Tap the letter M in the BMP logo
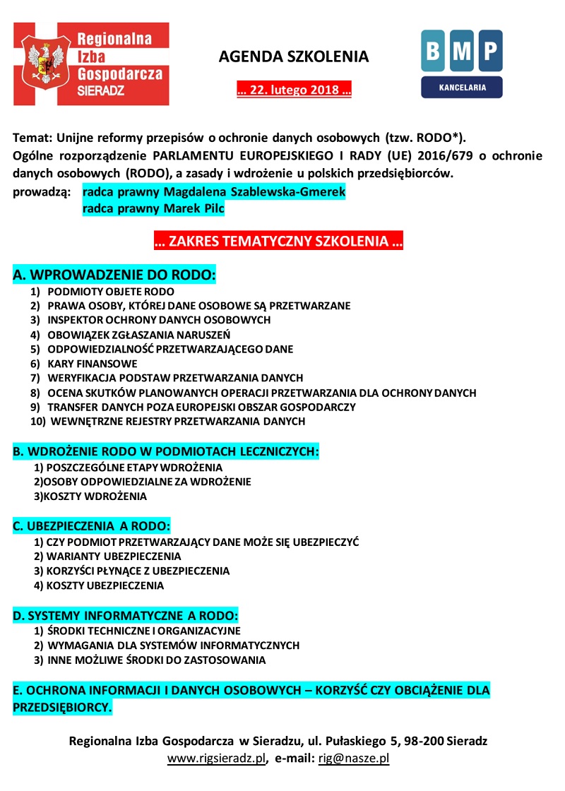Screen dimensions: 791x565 (462, 50)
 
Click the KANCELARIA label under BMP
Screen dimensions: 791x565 (462, 88)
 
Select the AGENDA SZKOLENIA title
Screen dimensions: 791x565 (294, 56)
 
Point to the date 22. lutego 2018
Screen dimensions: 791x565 (294, 90)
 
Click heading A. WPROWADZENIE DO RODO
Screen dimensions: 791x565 (114, 274)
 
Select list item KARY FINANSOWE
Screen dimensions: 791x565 (92, 364)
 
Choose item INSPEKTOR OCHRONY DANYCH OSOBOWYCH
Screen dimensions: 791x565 (159, 320)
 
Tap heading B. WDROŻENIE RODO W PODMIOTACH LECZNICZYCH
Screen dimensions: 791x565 (166, 451)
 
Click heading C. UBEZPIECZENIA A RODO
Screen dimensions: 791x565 (91, 526)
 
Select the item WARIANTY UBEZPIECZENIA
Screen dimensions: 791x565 (105, 556)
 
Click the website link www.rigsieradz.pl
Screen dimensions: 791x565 (215, 759)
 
